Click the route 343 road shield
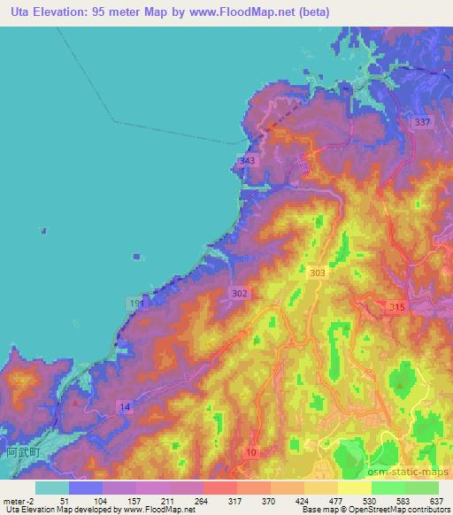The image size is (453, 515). pyautogui.click(x=247, y=160)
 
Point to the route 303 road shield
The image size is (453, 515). pyautogui.click(x=317, y=276)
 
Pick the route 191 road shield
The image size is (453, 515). pyautogui.click(x=134, y=303)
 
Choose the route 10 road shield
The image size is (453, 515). pyautogui.click(x=253, y=453)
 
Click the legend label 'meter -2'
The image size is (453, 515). pyautogui.click(x=18, y=500)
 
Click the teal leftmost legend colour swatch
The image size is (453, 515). pyautogui.click(x=52, y=488)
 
